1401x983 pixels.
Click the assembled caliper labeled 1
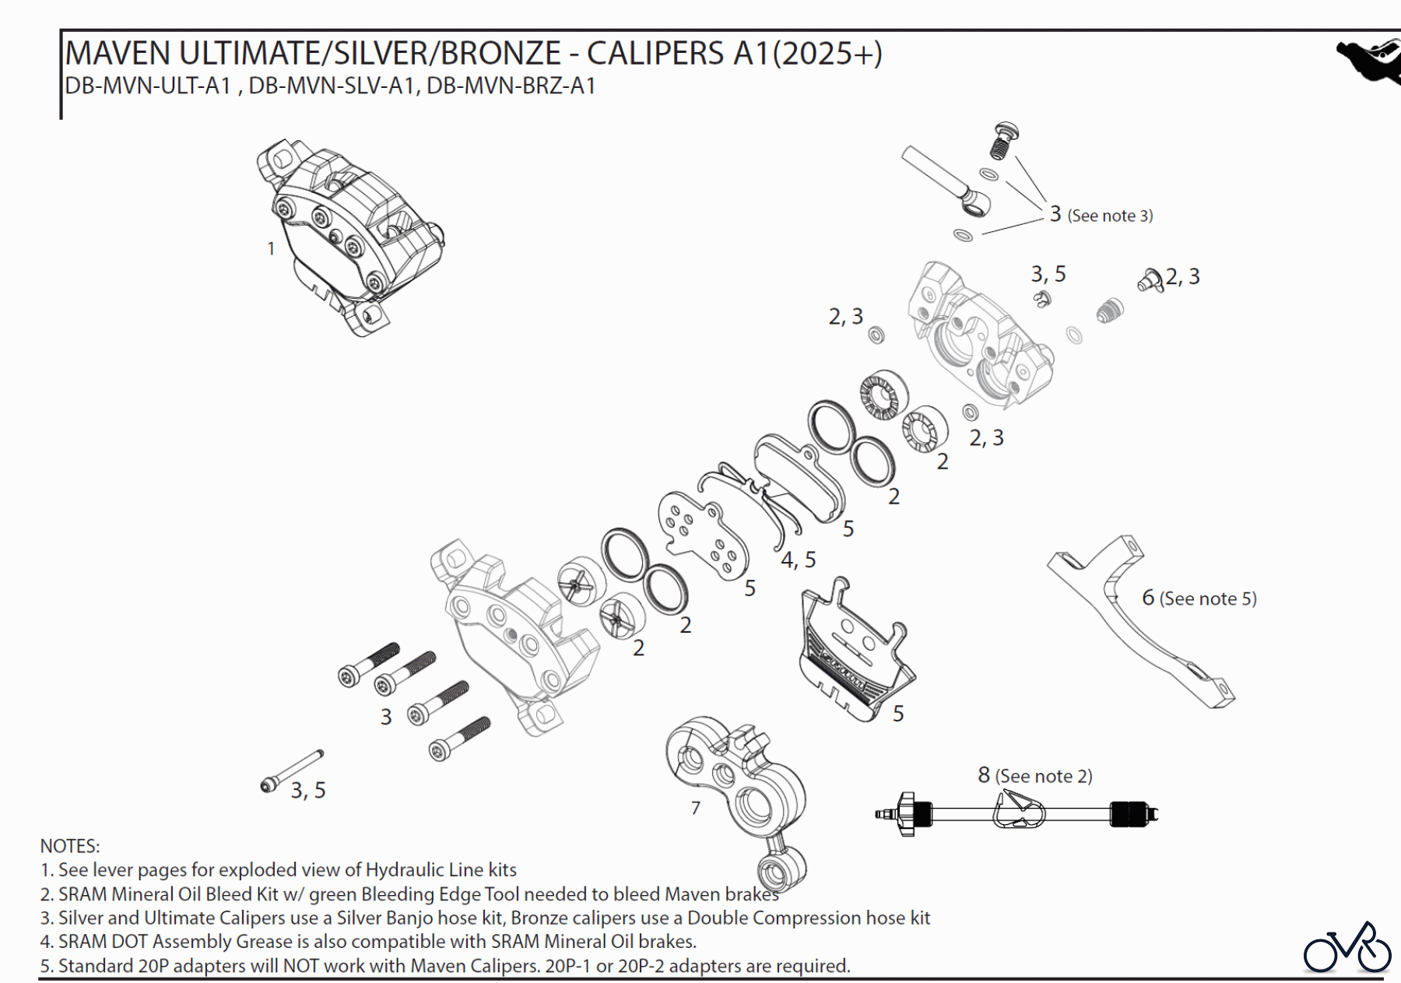coord(350,233)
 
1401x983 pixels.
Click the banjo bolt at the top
coord(1006,140)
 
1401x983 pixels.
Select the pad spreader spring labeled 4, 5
coord(751,498)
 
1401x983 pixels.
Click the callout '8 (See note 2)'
coord(1034,776)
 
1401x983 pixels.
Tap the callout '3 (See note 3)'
coord(1101,215)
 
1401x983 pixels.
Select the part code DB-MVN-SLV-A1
coord(331,86)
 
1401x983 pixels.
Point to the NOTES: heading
coord(70,846)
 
